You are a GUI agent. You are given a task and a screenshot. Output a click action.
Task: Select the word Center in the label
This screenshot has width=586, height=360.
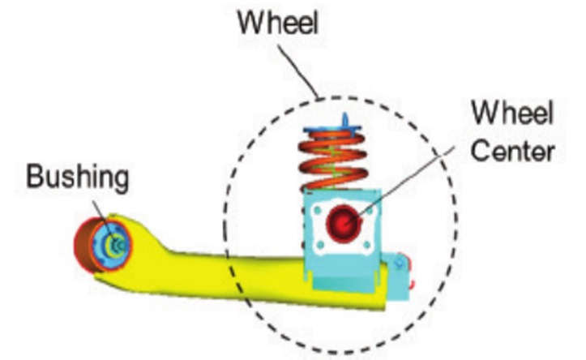click(x=513, y=151)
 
